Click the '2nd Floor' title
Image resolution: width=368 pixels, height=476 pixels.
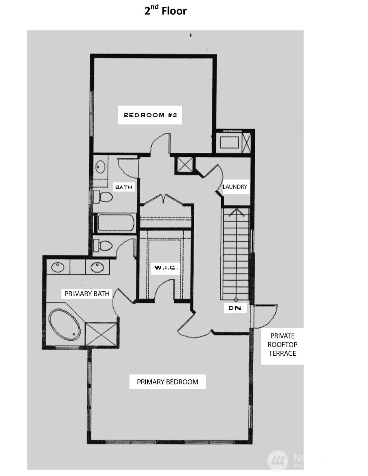click(x=166, y=11)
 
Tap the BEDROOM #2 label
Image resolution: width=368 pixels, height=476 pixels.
click(x=150, y=115)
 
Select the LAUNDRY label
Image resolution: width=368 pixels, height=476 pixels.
click(x=235, y=187)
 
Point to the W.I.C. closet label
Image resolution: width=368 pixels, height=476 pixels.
click(x=166, y=267)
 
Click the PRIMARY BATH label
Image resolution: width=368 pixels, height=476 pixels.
click(x=87, y=294)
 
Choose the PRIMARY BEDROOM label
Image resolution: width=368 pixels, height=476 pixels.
click(x=167, y=382)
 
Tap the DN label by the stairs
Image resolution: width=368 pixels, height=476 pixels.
click(x=235, y=308)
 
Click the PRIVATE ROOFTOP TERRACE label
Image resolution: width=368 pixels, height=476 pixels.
click(x=282, y=344)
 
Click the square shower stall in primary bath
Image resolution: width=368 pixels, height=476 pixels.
click(x=101, y=335)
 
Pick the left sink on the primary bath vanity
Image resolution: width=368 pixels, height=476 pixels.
click(x=58, y=267)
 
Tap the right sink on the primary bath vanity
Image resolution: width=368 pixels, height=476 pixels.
click(x=97, y=267)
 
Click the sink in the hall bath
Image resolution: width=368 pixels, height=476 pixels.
click(x=100, y=167)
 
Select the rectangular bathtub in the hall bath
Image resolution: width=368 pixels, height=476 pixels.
click(x=116, y=223)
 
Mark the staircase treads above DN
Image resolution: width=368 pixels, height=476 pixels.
click(x=236, y=255)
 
